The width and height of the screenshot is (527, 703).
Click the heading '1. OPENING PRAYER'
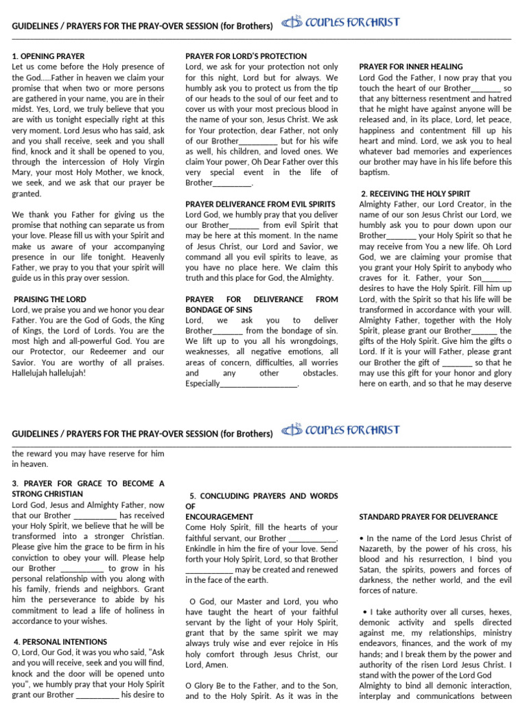(48, 56)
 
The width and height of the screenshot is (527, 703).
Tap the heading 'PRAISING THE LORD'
(50, 299)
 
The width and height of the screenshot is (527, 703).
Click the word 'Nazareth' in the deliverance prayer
(376, 549)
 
